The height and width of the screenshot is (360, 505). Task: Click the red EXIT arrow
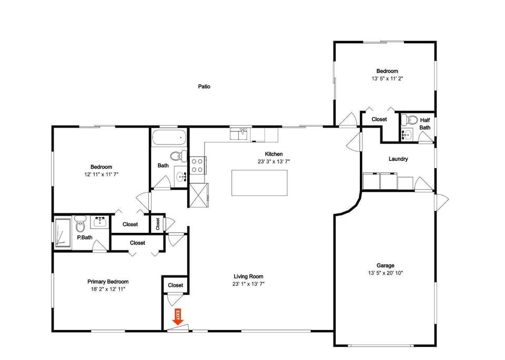point(178,316)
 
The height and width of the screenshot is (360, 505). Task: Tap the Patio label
point(204,87)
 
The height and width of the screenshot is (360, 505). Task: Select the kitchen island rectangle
point(259,183)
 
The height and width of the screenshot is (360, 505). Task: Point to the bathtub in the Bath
point(169,137)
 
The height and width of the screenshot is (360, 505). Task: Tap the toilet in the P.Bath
point(80,224)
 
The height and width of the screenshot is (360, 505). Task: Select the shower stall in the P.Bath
point(63,233)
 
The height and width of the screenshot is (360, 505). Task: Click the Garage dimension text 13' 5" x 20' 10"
point(386,273)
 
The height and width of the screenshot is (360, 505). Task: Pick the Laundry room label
point(398,159)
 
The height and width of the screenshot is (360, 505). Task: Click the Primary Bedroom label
point(108,282)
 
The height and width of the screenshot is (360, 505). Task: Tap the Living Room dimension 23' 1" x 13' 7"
point(248,284)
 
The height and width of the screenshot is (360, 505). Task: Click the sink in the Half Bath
point(407,135)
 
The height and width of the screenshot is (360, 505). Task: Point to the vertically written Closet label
point(158,224)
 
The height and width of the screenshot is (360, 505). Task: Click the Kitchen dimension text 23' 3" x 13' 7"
point(274,162)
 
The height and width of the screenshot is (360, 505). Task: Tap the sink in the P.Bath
point(100,222)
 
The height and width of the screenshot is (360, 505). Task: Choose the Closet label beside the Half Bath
point(379,119)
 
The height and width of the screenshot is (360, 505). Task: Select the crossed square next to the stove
point(198,196)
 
